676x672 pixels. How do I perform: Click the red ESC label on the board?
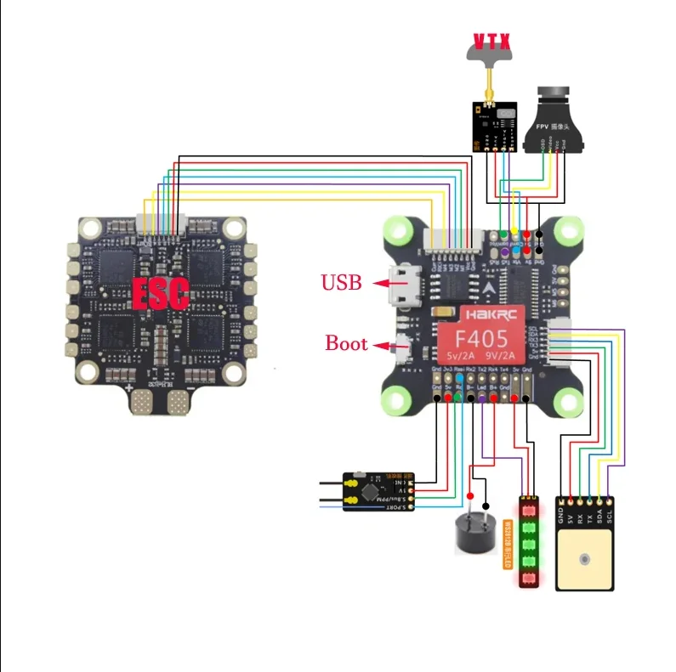click(x=159, y=292)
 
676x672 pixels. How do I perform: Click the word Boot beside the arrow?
click(x=346, y=344)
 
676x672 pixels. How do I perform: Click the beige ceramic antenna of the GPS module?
click(x=585, y=558)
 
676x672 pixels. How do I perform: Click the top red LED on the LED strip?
click(x=530, y=511)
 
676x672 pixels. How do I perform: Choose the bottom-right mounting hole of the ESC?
click(x=232, y=371)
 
